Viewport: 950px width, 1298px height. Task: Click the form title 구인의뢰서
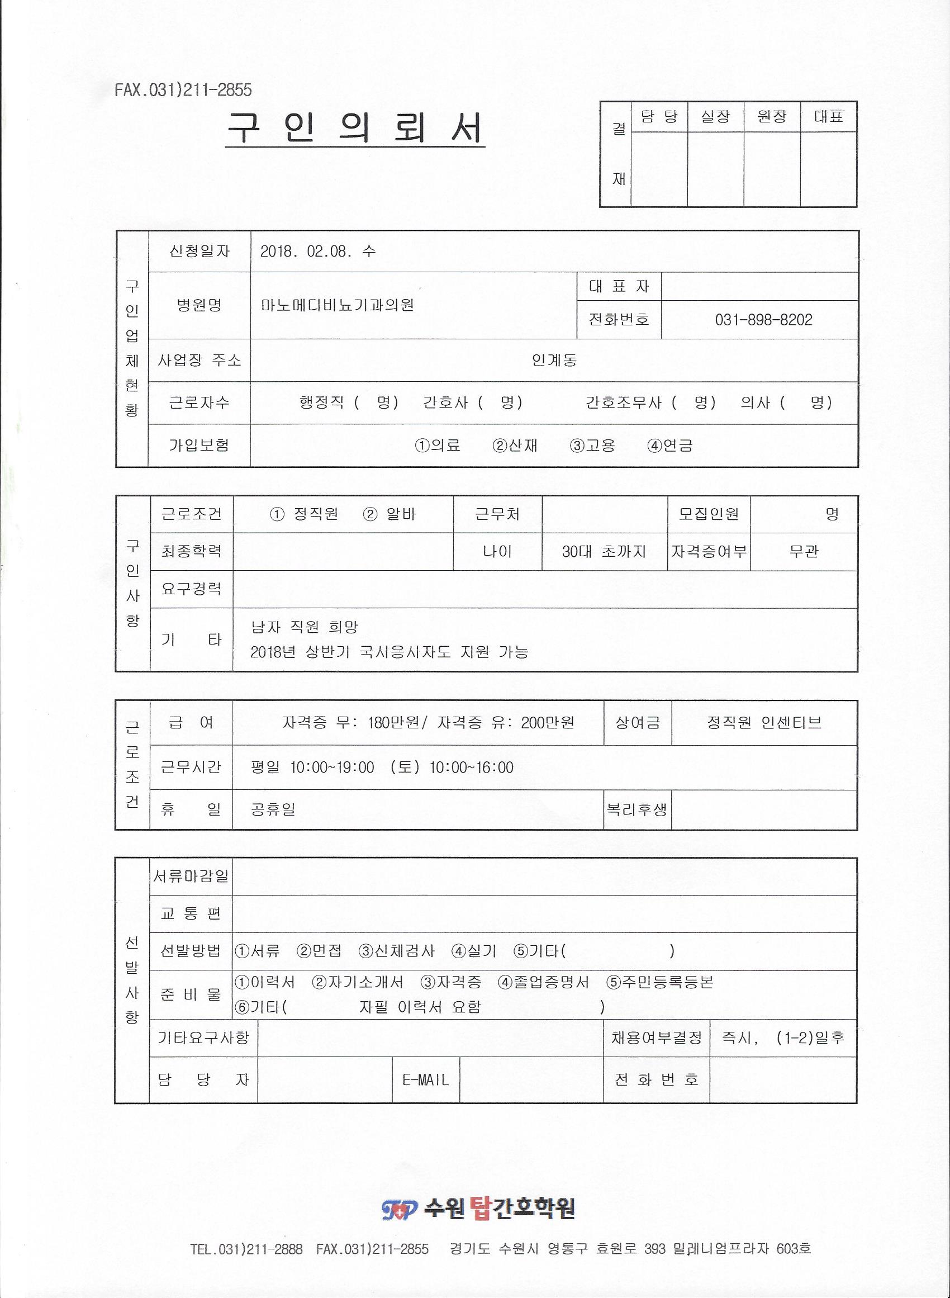click(x=355, y=128)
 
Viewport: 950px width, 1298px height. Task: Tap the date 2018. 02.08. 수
click(x=318, y=252)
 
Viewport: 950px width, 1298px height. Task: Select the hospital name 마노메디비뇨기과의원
click(x=338, y=305)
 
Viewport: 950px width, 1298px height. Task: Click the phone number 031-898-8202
click(x=763, y=320)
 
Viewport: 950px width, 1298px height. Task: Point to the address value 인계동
click(x=554, y=361)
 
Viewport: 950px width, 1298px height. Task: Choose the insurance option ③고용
click(x=592, y=445)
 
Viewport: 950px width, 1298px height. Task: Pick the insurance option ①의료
click(x=438, y=445)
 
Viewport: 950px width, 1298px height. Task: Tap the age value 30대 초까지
click(x=604, y=552)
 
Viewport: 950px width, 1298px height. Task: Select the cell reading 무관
click(x=804, y=552)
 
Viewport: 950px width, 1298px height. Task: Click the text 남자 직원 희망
click(x=305, y=627)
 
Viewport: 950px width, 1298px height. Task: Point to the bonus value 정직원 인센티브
click(x=764, y=723)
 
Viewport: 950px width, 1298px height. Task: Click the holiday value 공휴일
click(x=273, y=810)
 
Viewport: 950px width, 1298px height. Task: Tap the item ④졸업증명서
click(x=543, y=982)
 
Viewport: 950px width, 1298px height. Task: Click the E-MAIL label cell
click(x=426, y=1080)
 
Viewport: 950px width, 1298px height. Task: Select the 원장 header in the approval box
click(x=771, y=117)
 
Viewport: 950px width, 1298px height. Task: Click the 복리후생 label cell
click(x=636, y=810)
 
